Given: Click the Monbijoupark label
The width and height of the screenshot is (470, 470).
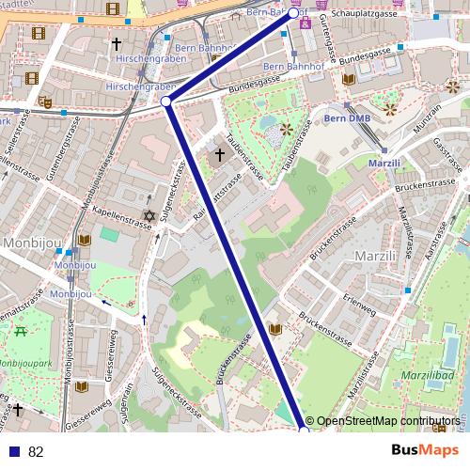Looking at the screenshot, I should point(26,362).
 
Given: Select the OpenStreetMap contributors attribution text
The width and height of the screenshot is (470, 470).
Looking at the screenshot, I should point(388,421).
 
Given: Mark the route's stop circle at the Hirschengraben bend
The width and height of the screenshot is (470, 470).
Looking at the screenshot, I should point(166,101).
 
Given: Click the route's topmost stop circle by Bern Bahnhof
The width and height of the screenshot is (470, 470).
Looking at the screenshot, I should point(293,13).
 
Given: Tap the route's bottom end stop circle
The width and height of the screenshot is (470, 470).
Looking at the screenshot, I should point(304,430).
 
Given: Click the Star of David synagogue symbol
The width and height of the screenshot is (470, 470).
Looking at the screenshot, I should point(148,217).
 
